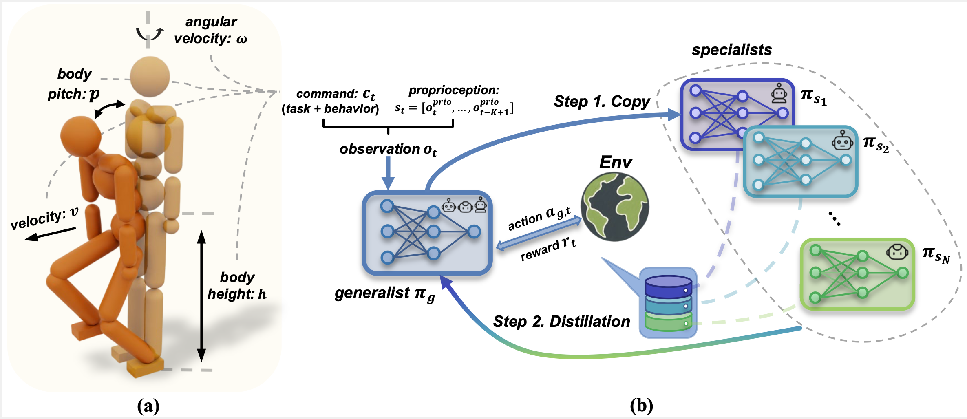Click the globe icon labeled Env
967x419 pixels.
pyautogui.click(x=615, y=207)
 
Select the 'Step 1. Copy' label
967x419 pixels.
pyautogui.click(x=602, y=101)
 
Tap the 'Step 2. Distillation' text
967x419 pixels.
pyautogui.click(x=561, y=322)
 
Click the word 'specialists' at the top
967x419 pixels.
pyautogui.click(x=731, y=50)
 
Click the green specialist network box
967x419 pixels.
pyautogui.click(x=857, y=274)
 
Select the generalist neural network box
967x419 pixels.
pyautogui.click(x=427, y=233)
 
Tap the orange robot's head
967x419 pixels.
pyautogui.click(x=80, y=136)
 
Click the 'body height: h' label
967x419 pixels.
pyautogui.click(x=237, y=285)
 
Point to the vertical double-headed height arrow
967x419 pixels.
pyautogui.click(x=201, y=296)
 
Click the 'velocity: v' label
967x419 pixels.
pyautogui.click(x=44, y=218)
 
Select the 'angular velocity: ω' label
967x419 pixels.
pyautogui.click(x=211, y=30)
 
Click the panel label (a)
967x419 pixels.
pyautogui.click(x=148, y=406)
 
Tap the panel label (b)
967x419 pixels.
pyautogui.click(x=641, y=406)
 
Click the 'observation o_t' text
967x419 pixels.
pyautogui.click(x=388, y=150)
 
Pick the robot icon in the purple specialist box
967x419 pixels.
pyautogui.click(x=779, y=94)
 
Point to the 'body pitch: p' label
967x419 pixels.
pyautogui.click(x=74, y=84)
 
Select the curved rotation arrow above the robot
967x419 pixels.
pyautogui.click(x=150, y=34)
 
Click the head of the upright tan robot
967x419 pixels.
pyautogui.click(x=150, y=76)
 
